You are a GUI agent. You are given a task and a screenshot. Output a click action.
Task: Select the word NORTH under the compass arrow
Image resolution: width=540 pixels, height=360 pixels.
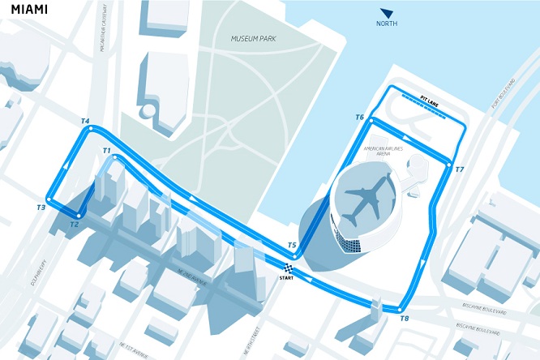coord(387,24)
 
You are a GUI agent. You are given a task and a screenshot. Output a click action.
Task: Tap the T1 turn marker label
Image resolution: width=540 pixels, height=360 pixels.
coord(106,151)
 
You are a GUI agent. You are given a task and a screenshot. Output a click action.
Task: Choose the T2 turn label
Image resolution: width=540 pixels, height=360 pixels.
coord(75,224)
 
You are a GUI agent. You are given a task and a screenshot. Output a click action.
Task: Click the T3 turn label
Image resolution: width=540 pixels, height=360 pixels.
coord(41,208)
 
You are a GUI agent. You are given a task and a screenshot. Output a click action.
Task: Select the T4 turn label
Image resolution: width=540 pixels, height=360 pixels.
coord(84,122)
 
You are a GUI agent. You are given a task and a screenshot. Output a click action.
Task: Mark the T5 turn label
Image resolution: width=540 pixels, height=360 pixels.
coord(292,245)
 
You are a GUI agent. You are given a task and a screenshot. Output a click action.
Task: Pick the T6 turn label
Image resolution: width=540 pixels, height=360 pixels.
coord(359,118)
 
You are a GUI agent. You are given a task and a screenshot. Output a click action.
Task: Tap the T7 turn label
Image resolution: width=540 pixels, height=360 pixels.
coord(460,169)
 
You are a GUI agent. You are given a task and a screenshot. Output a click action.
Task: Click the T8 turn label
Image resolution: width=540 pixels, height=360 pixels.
coord(405,319)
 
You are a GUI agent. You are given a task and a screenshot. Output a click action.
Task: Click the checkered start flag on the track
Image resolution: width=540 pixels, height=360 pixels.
coord(289,268)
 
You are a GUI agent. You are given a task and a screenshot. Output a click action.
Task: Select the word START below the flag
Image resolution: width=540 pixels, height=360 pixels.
coord(287,280)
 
